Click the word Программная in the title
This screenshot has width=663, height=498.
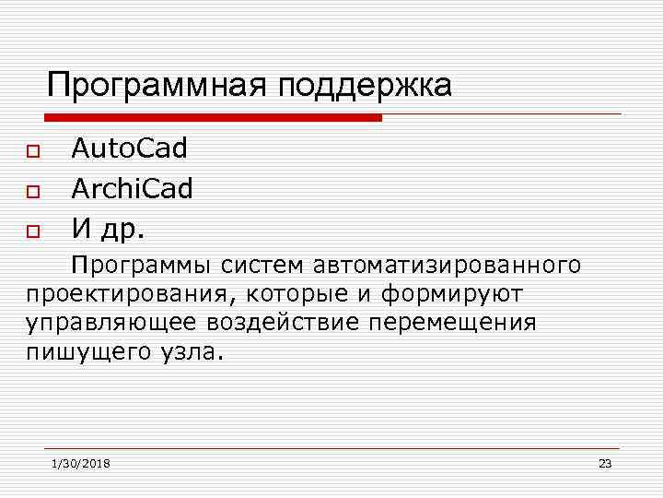(148, 86)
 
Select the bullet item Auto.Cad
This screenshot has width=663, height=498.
(129, 148)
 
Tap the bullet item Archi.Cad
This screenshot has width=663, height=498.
(133, 189)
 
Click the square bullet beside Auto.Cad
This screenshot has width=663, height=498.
(33, 150)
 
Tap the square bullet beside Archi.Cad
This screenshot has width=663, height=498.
(33, 192)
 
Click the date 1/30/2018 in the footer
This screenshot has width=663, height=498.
(81, 463)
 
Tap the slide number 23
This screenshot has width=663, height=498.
(605, 463)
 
